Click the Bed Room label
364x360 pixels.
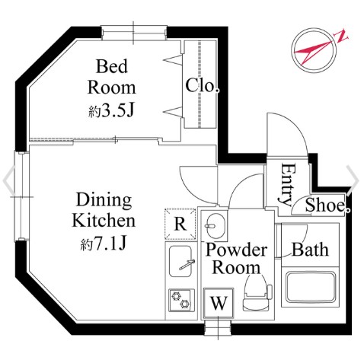112,77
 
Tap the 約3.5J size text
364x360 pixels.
111,110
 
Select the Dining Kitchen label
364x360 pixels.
104,210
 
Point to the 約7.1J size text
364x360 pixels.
104,244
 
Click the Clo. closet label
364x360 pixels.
203,85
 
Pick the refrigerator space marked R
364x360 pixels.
180,224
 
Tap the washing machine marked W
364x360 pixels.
219,303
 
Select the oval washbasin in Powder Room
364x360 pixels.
214,225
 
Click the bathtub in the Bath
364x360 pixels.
311,287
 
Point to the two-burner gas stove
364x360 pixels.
181,300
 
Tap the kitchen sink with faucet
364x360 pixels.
180,261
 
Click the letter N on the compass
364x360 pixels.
342,37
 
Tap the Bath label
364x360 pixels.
310,250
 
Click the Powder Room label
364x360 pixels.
236,258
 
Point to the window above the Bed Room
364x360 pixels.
134,33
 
